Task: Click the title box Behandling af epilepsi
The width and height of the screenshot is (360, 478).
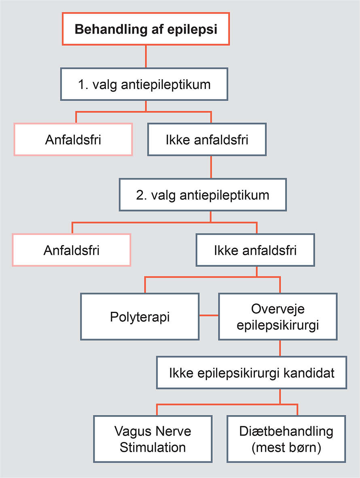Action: click(x=146, y=29)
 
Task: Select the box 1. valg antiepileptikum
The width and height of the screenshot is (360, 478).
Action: click(x=144, y=84)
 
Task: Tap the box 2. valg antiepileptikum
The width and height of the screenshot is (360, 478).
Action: click(x=203, y=195)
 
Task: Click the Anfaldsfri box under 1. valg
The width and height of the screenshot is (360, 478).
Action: click(x=73, y=140)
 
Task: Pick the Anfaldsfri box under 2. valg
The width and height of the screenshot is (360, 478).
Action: click(x=72, y=250)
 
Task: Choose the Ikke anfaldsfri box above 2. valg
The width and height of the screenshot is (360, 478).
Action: click(x=207, y=140)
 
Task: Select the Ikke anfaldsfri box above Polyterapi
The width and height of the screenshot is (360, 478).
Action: click(x=255, y=250)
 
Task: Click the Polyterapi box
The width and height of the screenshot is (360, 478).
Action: click(x=140, y=317)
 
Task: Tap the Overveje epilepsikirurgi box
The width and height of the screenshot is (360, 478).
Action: click(x=278, y=317)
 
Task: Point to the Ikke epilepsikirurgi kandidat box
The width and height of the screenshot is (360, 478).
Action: click(x=252, y=372)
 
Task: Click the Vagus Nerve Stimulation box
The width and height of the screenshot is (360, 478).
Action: click(x=153, y=439)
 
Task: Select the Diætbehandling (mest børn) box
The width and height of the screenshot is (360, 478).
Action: click(x=286, y=439)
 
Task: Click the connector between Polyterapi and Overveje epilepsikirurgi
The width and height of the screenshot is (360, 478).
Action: click(x=209, y=315)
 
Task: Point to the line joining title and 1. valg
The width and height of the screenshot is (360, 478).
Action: click(x=146, y=57)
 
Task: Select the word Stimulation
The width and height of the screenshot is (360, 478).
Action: click(x=153, y=447)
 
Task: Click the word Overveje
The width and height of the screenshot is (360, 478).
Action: click(x=278, y=309)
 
